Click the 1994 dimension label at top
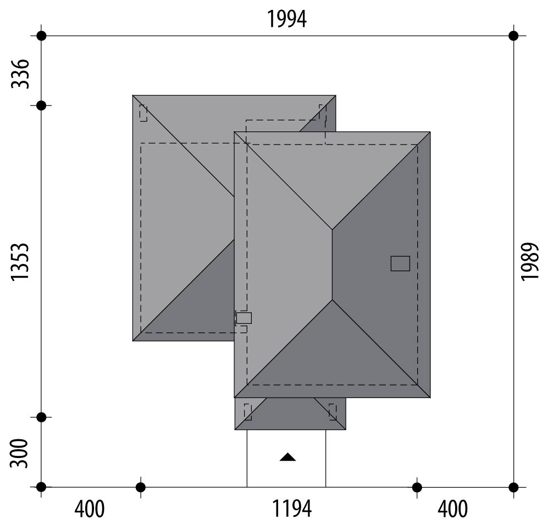(x=287, y=19)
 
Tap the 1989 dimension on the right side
(x=530, y=262)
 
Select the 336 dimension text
(x=20, y=74)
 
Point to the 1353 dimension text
(x=20, y=262)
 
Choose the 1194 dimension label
(x=292, y=509)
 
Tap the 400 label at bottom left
(x=90, y=509)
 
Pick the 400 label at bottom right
(x=452, y=509)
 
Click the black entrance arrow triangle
(x=287, y=457)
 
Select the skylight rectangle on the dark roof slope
(x=400, y=263)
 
